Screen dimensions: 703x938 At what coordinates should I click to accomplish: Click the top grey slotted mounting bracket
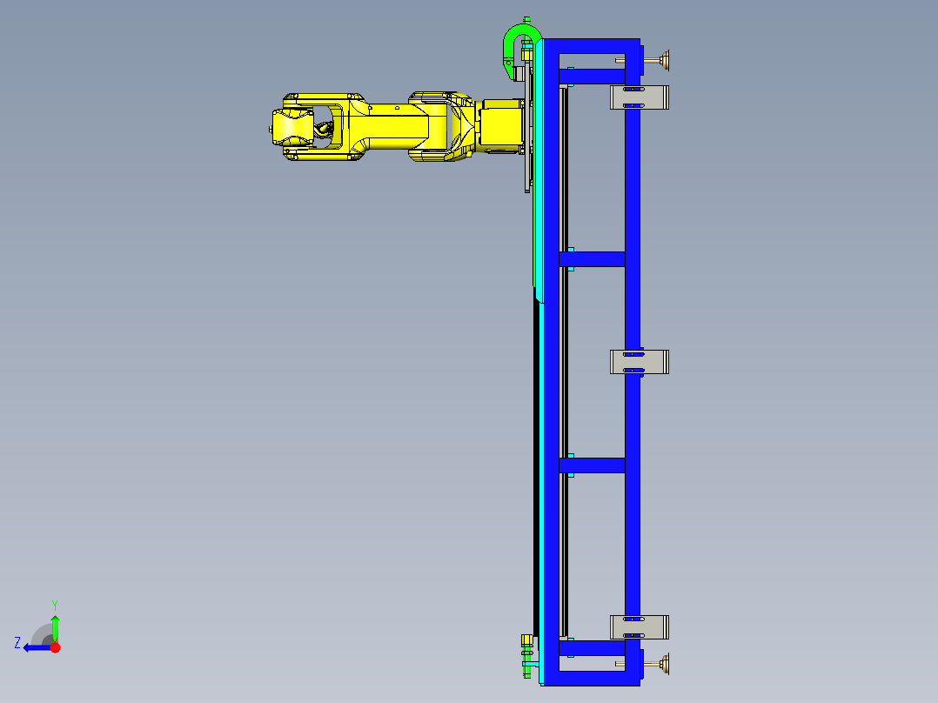640,97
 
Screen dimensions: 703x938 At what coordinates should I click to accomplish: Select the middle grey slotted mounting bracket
640,362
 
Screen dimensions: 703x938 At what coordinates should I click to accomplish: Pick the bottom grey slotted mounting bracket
640,627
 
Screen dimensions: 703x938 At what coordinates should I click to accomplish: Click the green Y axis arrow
55,626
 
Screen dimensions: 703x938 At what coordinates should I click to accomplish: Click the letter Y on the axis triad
54,604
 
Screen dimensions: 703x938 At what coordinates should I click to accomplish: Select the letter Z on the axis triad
17,643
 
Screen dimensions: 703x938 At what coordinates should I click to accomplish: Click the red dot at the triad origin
55,647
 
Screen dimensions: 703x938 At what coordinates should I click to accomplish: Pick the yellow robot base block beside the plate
502,125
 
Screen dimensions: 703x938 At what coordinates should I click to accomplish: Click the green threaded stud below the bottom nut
525,670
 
